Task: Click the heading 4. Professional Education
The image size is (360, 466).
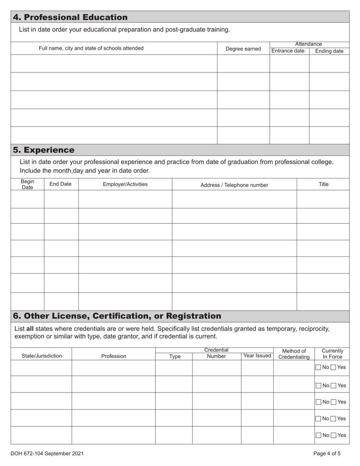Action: click(x=70, y=17)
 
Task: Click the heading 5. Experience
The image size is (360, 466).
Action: click(x=44, y=150)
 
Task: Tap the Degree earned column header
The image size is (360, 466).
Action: click(x=243, y=49)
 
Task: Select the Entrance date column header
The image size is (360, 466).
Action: click(x=288, y=51)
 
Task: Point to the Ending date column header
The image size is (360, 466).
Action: click(x=329, y=51)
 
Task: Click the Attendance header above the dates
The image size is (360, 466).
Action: click(x=308, y=44)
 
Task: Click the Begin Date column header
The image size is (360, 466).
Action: click(x=27, y=185)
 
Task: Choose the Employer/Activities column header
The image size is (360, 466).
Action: click(x=125, y=185)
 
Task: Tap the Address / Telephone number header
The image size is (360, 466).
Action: click(x=234, y=185)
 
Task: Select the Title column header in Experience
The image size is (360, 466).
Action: click(x=323, y=185)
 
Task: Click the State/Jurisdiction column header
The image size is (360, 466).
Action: click(x=42, y=356)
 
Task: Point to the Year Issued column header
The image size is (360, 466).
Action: click(x=257, y=356)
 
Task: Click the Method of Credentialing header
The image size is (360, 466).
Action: click(x=294, y=354)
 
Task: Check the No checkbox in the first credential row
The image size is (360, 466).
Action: click(x=318, y=367)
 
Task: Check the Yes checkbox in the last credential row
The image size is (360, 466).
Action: click(x=333, y=435)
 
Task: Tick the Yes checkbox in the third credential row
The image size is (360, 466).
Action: click(x=333, y=402)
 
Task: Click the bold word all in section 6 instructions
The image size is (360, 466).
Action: click(x=30, y=328)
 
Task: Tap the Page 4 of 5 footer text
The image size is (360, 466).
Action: click(x=327, y=453)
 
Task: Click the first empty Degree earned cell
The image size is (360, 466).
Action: click(x=243, y=64)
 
